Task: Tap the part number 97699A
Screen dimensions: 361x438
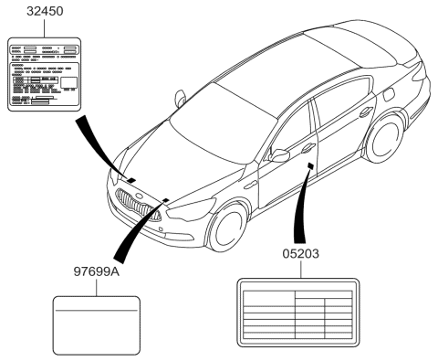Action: point(97,271)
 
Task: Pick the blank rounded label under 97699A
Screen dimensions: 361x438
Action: point(98,324)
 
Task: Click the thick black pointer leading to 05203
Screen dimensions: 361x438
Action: point(301,206)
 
